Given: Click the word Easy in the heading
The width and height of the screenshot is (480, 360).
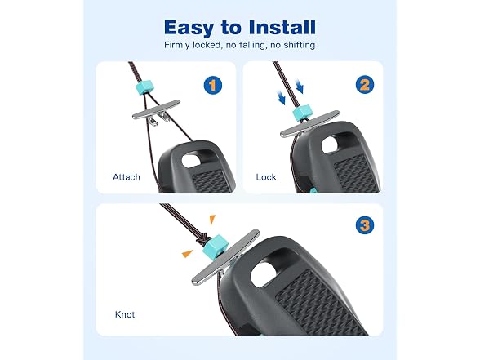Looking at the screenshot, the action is point(189,28).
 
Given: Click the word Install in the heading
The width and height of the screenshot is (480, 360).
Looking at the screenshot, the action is point(282,28).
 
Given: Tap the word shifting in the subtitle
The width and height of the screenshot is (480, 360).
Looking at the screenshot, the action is point(299,45).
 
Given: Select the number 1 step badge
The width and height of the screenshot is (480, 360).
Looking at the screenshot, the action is point(213,85).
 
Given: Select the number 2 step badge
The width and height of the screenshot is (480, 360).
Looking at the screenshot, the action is point(365,85).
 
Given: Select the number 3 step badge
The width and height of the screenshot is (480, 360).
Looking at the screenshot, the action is point(365,225).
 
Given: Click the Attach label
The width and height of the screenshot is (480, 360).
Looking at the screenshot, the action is point(126,177).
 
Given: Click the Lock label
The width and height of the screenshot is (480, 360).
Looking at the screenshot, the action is point(266,177).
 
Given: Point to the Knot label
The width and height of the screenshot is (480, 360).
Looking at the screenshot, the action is point(125,314).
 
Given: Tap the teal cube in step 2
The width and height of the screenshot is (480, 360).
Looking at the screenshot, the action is point(302,113).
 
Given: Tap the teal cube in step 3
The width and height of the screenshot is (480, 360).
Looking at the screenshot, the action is point(215,246).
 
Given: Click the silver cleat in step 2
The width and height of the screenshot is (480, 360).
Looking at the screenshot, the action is point(309,124).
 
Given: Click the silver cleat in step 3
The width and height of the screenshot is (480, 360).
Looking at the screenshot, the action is point(225,256).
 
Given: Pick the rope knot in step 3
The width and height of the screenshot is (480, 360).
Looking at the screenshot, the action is point(201,238).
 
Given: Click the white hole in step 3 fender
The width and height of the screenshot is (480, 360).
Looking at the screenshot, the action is point(266,269).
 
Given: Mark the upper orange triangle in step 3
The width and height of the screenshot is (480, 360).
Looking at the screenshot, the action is point(212,220).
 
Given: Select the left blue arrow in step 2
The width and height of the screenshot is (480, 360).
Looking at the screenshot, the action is point(282,98).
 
